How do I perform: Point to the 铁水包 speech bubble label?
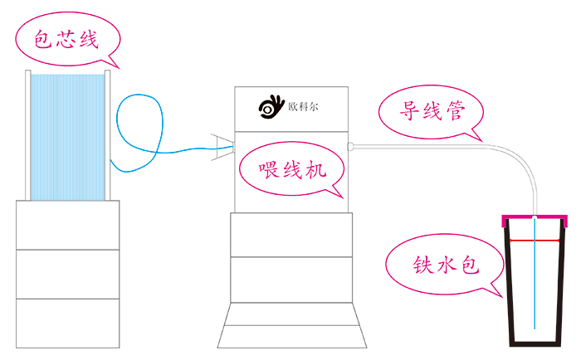pyautogui.click(x=447, y=265)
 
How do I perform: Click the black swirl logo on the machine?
pyautogui.click(x=271, y=107)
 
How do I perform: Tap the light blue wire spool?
pyautogui.click(x=68, y=137)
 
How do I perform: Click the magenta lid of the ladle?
pyautogui.click(x=536, y=219)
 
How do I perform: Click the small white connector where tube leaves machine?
pyautogui.click(x=351, y=146)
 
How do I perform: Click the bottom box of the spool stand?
pyautogui.click(x=68, y=324)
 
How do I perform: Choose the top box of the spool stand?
pyautogui.click(x=68, y=225)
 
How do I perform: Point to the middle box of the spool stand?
pyautogui.click(x=68, y=274)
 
